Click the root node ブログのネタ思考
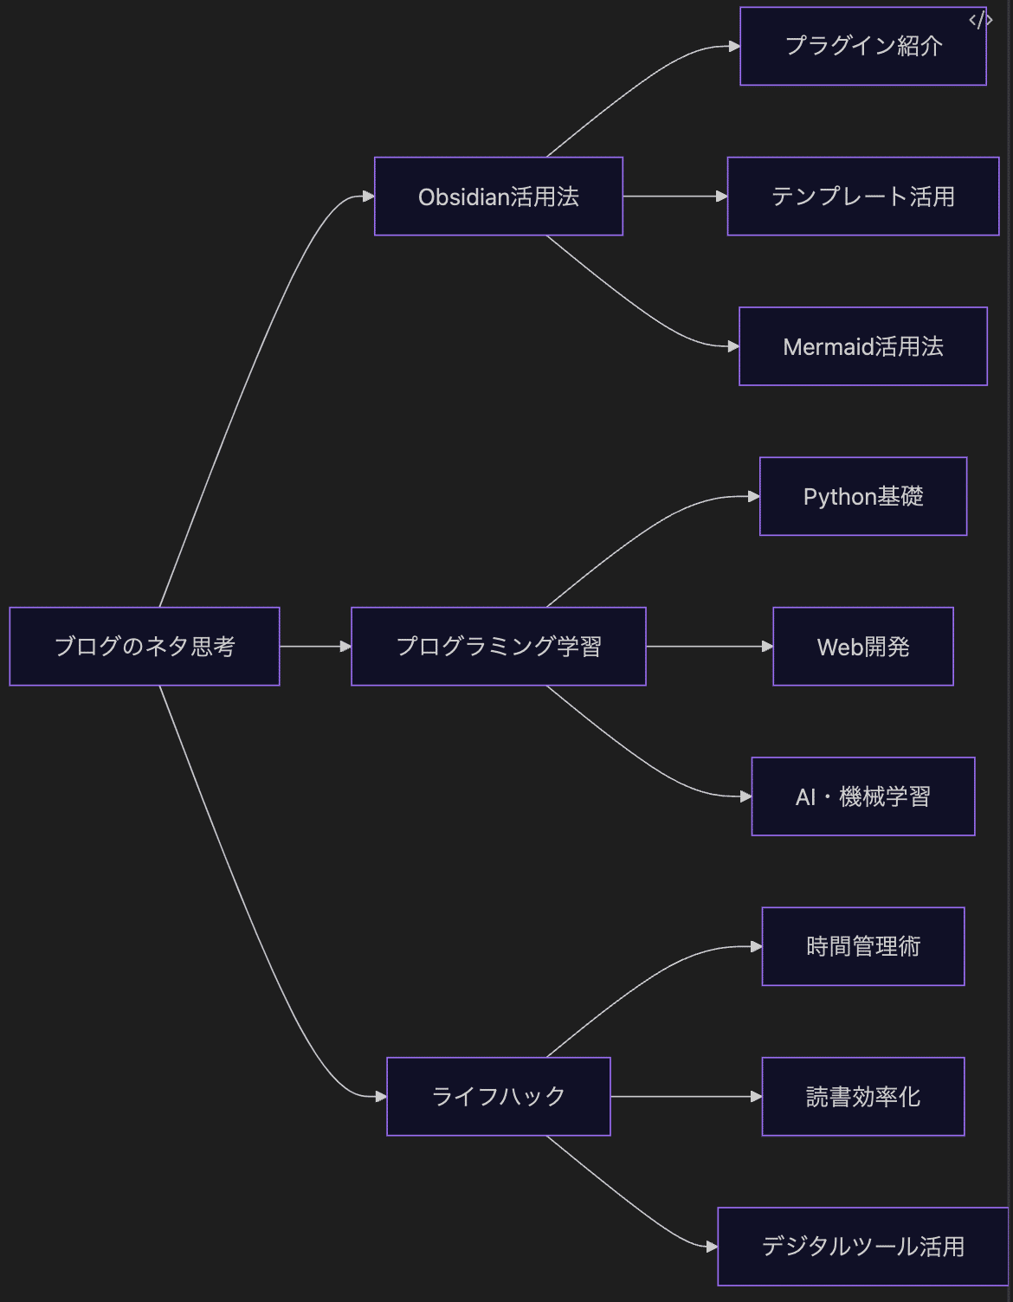tap(145, 647)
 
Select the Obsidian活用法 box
tap(498, 197)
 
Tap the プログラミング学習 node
tap(498, 647)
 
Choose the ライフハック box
tap(498, 1097)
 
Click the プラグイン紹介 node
tap(862, 47)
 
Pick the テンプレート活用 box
tap(862, 197)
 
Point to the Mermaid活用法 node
tap(862, 346)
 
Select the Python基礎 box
tap(862, 497)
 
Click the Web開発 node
tap(862, 647)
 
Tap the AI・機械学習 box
tap(862, 796)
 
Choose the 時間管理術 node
tap(862, 947)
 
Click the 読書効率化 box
tap(862, 1097)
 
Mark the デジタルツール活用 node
tap(862, 1247)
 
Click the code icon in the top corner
tap(980, 21)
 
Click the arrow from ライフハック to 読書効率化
tap(685, 1097)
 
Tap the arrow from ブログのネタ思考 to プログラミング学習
tap(314, 647)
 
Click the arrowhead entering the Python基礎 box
tap(754, 497)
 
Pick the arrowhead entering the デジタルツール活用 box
tap(712, 1247)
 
